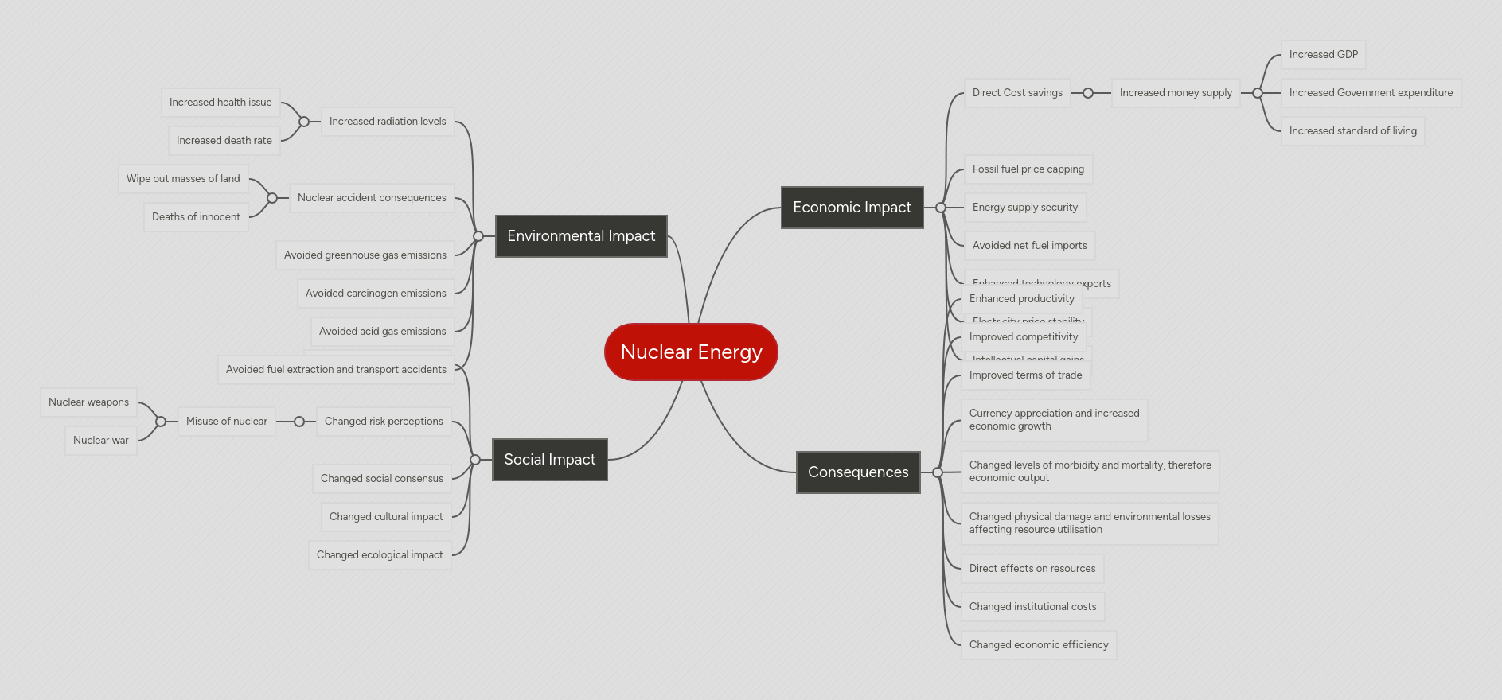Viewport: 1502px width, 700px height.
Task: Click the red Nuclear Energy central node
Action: pos(691,352)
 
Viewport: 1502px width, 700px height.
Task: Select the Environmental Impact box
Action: pos(581,236)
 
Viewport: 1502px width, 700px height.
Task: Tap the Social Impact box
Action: pos(549,460)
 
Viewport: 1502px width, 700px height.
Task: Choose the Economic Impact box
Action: pos(852,208)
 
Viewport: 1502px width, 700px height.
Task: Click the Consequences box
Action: pos(858,472)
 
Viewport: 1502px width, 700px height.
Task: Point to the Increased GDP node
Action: pos(1323,55)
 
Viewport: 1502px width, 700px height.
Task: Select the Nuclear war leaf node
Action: pos(100,441)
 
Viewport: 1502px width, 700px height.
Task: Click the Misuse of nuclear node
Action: pos(226,422)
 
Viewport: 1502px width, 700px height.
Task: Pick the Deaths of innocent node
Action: pos(196,217)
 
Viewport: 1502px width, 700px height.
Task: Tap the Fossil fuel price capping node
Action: pos(1028,169)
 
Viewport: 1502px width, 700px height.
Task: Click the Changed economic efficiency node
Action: pos(1038,645)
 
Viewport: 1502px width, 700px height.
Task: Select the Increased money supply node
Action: pos(1175,93)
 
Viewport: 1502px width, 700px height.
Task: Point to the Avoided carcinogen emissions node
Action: pos(376,294)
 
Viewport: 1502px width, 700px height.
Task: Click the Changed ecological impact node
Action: pos(380,555)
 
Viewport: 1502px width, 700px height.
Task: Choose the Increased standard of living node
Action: pos(1352,131)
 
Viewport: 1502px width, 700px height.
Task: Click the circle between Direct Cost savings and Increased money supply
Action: pos(1088,93)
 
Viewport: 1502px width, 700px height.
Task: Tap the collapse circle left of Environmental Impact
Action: pos(478,236)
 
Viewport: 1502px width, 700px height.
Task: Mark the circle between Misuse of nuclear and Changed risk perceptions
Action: pos(299,422)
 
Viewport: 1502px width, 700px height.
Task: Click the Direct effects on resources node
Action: pos(1032,569)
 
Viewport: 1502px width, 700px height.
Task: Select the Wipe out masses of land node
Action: pos(183,179)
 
